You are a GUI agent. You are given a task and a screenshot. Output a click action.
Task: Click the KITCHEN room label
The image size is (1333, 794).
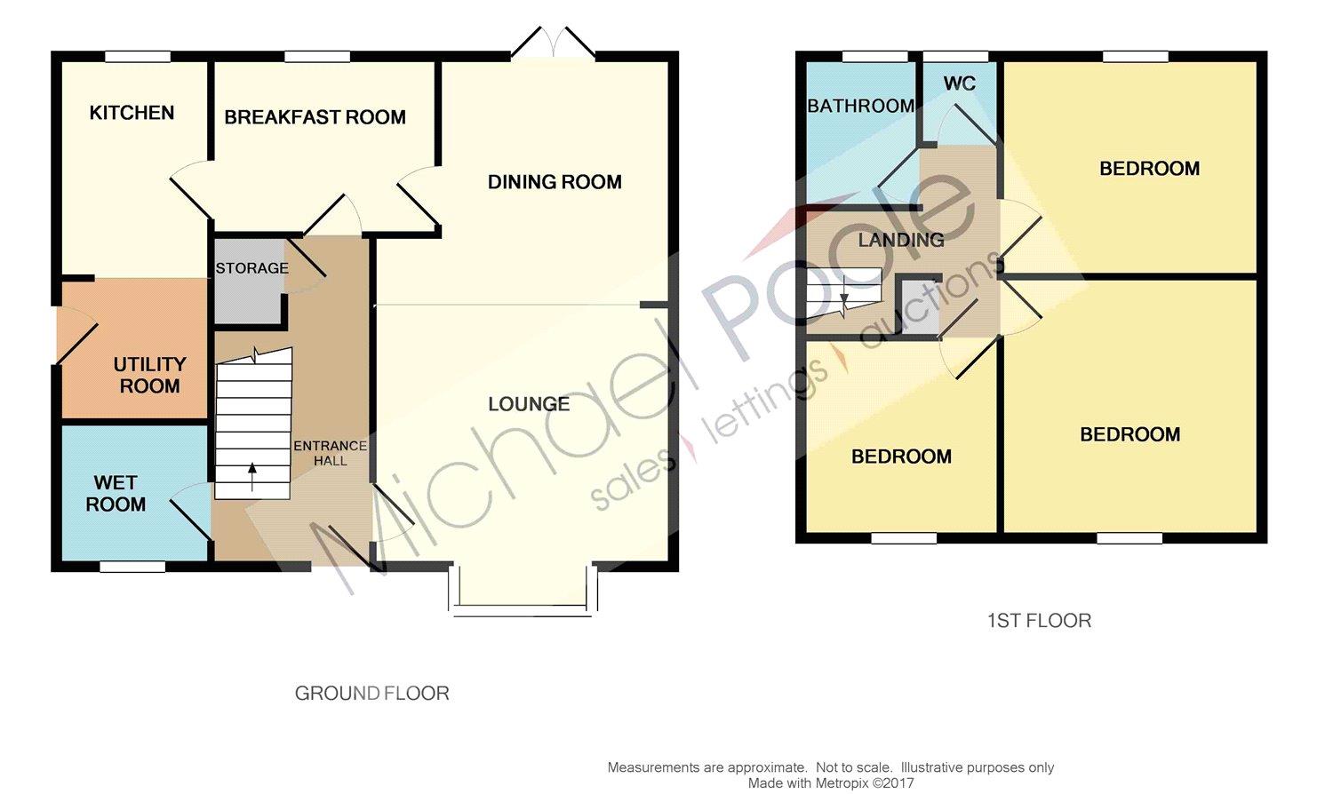(x=132, y=113)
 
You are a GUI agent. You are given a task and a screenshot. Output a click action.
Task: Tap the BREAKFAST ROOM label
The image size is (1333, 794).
(x=315, y=117)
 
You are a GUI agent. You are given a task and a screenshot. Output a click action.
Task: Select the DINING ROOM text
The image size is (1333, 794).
(x=555, y=182)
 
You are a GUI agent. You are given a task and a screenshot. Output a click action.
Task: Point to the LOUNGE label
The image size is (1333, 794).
(x=529, y=404)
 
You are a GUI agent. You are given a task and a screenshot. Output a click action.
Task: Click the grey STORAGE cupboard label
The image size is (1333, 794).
(x=251, y=268)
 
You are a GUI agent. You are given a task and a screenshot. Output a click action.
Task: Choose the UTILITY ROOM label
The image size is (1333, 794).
(x=149, y=375)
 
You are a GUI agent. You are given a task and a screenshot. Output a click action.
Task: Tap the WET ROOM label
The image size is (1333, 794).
(x=116, y=493)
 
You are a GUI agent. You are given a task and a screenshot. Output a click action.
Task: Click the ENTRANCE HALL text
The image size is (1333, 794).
(x=331, y=453)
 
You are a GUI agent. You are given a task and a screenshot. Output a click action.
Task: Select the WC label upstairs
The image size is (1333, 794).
(x=959, y=83)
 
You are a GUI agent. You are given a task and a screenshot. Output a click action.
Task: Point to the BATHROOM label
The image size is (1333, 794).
(x=860, y=106)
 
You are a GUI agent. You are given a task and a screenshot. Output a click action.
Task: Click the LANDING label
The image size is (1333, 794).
(x=901, y=240)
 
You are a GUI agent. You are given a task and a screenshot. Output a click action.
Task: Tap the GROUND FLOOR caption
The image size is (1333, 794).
(x=372, y=693)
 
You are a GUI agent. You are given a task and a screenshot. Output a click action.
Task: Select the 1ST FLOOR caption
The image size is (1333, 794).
(x=1039, y=621)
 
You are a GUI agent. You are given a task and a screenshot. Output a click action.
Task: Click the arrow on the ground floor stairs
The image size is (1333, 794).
(x=252, y=477)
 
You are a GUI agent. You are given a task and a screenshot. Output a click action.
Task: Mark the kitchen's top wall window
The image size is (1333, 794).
(x=138, y=57)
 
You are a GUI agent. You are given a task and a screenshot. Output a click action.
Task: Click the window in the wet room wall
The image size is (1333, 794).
(x=132, y=567)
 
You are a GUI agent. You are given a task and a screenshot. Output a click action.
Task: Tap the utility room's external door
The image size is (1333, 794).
(x=76, y=335)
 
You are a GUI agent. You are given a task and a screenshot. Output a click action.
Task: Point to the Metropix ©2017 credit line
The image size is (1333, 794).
(x=831, y=784)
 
